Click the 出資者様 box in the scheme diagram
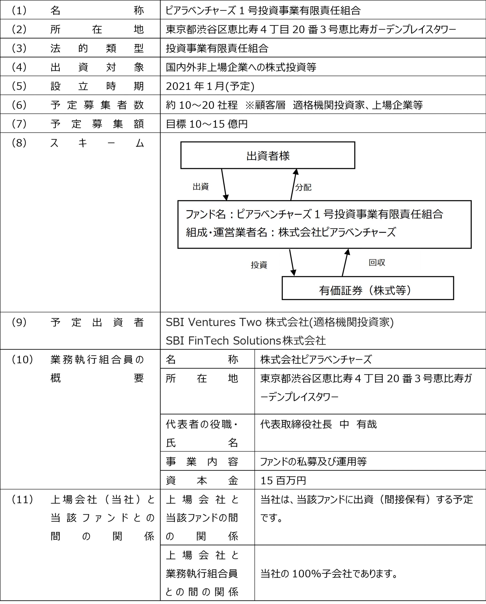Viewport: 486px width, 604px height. point(268,155)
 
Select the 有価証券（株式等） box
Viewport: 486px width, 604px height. point(368,288)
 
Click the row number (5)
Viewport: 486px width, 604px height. point(19,86)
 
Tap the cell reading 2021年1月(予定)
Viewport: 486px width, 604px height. point(210,86)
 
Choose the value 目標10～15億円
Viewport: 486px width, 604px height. point(207,124)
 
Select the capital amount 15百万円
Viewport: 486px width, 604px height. point(283,480)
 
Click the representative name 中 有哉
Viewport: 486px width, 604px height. point(358,424)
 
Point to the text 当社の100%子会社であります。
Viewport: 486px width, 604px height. point(329,574)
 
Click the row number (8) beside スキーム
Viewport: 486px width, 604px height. point(19,143)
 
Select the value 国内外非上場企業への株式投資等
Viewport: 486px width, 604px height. point(241,67)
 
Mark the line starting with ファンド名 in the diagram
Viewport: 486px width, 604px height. point(314,214)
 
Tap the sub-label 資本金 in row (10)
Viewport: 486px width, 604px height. point(202,481)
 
